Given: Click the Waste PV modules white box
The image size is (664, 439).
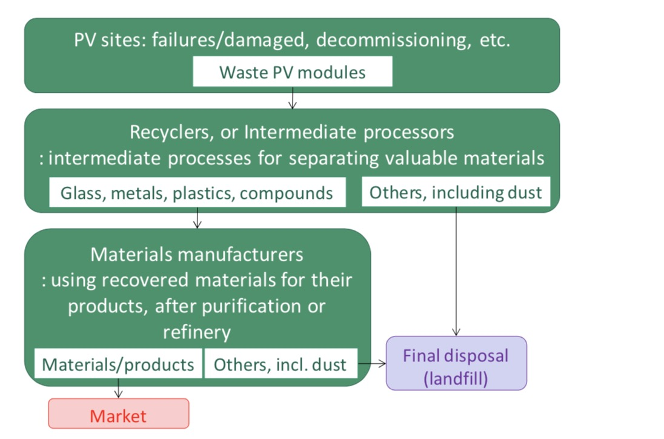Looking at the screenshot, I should click(x=293, y=72).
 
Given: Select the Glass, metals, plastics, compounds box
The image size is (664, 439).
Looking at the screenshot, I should click(x=197, y=192).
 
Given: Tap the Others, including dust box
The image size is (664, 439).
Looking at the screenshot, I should click(x=456, y=192).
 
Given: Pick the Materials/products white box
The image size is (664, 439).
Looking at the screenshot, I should click(x=118, y=364).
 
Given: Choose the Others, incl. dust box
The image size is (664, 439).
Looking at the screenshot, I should click(x=281, y=364).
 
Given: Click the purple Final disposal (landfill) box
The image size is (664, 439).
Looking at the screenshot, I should click(x=456, y=363).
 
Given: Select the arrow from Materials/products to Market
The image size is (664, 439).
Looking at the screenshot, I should click(x=119, y=388).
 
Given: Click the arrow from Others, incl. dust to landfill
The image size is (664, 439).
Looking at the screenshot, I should click(x=371, y=364).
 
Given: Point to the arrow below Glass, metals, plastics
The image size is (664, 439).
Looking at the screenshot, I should click(x=197, y=218).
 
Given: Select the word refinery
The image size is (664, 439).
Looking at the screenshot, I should click(x=197, y=332).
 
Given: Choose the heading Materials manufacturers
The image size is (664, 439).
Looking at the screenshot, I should click(x=197, y=254).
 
